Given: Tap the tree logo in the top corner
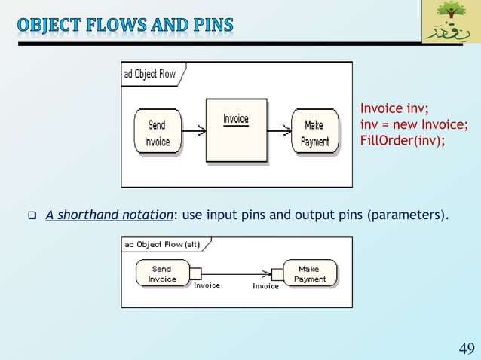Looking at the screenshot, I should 450,21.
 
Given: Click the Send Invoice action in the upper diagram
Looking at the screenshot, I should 157,133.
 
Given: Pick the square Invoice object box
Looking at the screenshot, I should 236,130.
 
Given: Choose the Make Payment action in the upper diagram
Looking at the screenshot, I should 314,133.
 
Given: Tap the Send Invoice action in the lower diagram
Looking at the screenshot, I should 161,273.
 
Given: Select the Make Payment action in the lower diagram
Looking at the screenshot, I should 310,273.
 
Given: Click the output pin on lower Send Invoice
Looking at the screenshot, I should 194,273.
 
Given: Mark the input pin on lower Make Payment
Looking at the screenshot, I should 277,273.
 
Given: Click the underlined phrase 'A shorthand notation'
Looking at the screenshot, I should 109,215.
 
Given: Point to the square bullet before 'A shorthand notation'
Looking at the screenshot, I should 32,216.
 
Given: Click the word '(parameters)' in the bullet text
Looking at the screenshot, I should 406,215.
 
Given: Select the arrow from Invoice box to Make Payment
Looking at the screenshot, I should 278,132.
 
